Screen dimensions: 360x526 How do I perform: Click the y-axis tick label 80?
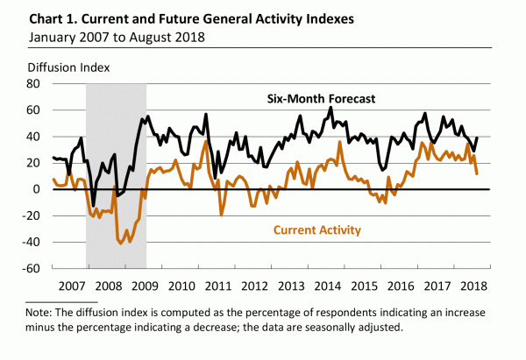click(34, 84)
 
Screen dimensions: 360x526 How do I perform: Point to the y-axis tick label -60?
click(32, 268)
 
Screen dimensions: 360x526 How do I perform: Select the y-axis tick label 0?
click(38, 189)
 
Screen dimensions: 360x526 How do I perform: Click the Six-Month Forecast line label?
click(321, 99)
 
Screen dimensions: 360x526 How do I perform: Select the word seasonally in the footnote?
click(359, 328)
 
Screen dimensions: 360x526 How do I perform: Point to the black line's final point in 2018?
click(477, 137)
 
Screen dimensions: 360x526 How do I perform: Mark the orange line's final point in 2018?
click(477, 173)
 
